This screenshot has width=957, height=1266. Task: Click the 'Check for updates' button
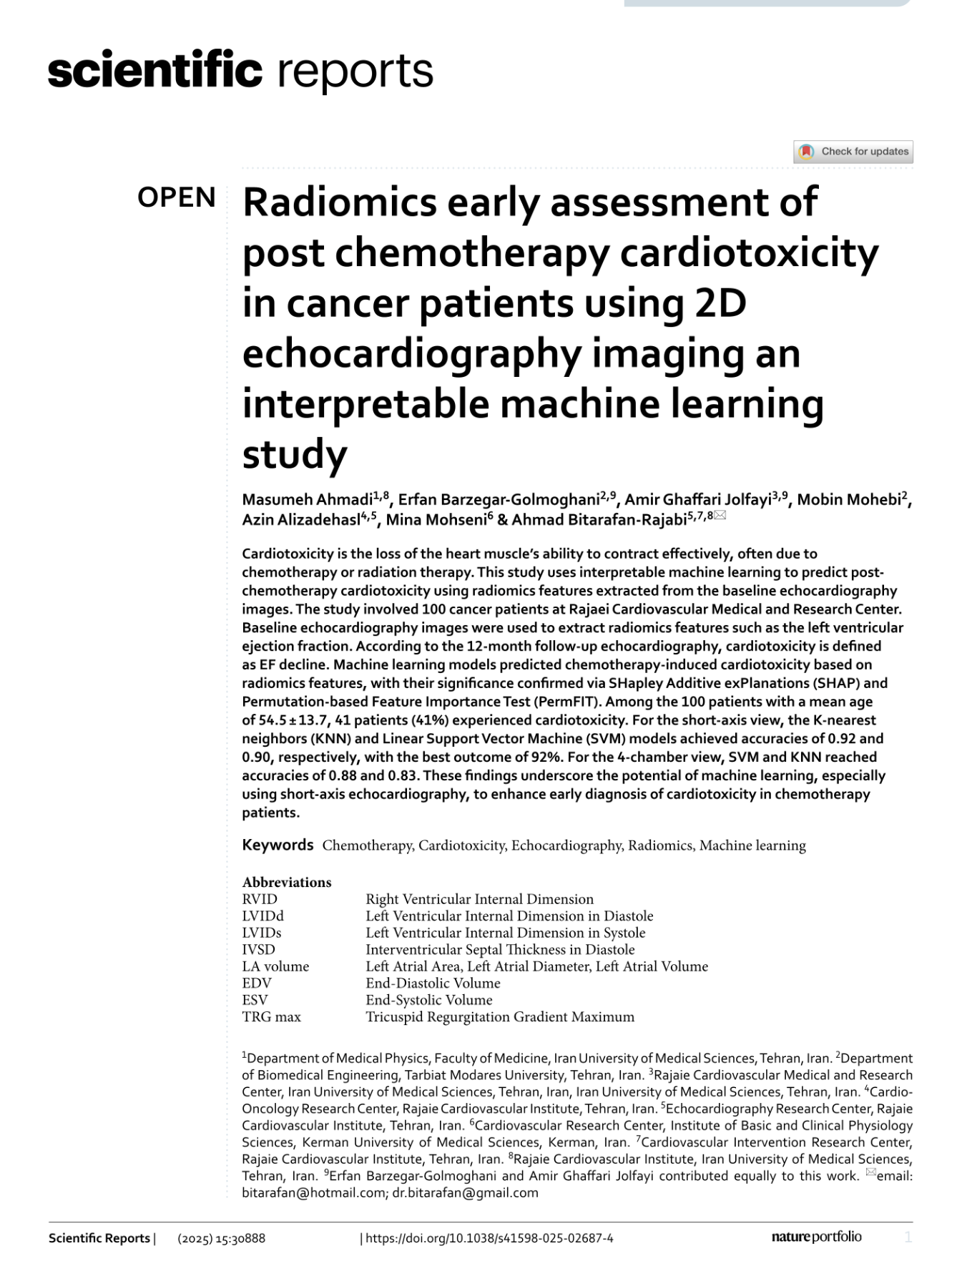853,152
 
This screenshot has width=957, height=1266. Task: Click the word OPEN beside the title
176,197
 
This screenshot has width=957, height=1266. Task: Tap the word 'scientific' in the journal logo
154,71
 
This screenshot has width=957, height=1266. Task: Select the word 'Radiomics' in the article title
340,202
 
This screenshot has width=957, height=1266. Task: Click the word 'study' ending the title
295,454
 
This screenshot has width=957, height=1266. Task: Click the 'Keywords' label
278,845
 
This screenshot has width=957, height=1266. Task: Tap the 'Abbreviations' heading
287,882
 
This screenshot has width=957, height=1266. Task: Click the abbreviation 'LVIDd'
262,916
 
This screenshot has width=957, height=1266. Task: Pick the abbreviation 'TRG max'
271,1016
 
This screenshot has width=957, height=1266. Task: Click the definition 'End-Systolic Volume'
429,1000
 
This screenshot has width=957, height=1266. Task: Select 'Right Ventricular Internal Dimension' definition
479,899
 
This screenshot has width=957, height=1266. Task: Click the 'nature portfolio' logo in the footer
816,1237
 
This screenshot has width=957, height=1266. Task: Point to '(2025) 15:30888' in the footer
221,1238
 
